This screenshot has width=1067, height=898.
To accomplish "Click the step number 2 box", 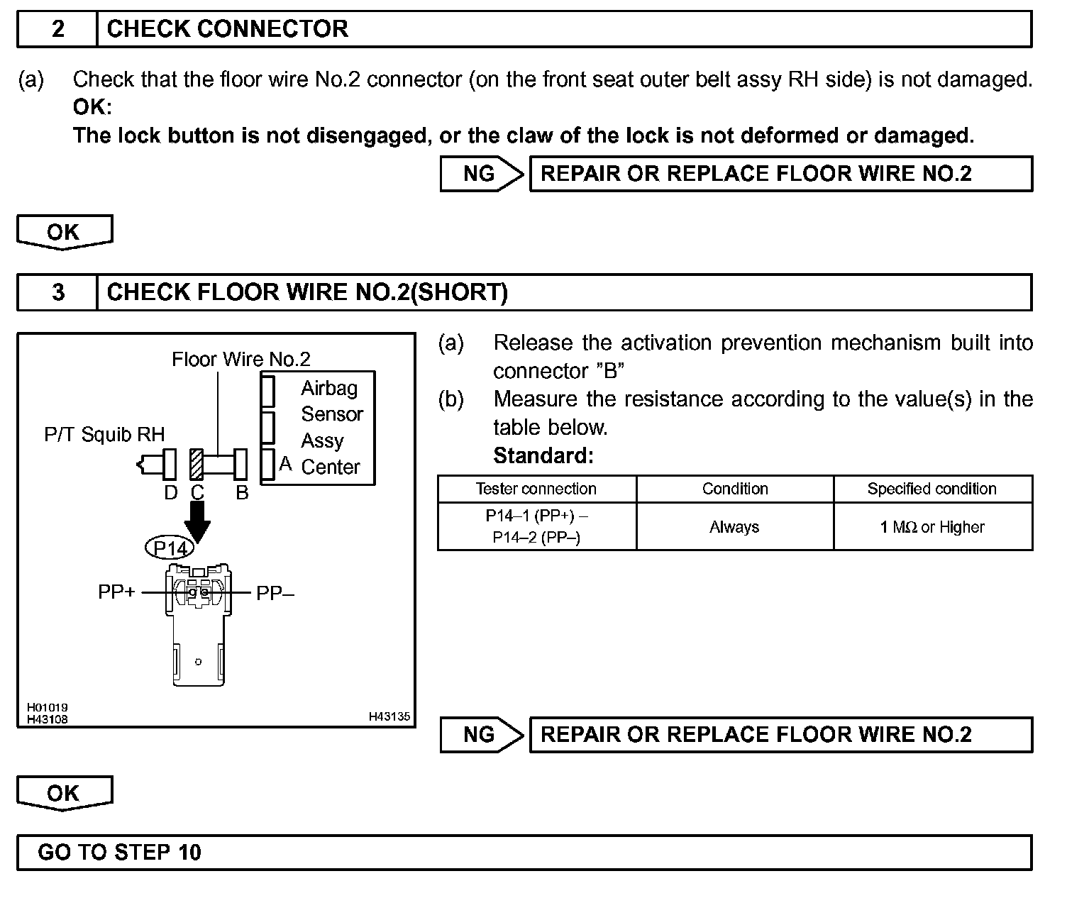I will [57, 29].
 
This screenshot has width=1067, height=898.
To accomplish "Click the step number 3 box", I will [57, 293].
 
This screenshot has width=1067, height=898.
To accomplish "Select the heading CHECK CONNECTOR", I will [227, 29].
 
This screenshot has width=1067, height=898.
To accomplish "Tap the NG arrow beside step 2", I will [482, 174].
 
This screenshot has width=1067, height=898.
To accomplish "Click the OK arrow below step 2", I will [64, 232].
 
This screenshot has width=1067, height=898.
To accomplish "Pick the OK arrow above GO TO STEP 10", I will [64, 793].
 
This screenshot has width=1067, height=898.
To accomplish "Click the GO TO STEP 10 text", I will [119, 852].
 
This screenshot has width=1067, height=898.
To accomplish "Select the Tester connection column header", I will [536, 489].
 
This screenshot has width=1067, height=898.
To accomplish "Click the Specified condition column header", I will [931, 489].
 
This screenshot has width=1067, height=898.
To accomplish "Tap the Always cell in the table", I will [734, 527].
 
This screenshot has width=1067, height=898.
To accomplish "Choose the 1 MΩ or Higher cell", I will [931, 527].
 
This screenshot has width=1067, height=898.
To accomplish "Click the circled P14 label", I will [170, 548].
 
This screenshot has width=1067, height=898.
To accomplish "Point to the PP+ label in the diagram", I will [116, 592].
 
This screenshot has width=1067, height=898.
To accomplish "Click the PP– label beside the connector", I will [275, 593].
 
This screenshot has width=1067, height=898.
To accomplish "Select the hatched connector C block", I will [197, 464].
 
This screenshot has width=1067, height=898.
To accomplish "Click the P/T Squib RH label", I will [104, 434].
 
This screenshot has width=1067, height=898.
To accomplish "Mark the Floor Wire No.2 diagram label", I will [241, 360].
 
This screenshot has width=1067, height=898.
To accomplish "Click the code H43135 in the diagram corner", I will [389, 716].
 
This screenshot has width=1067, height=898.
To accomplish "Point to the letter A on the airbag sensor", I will [285, 464].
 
